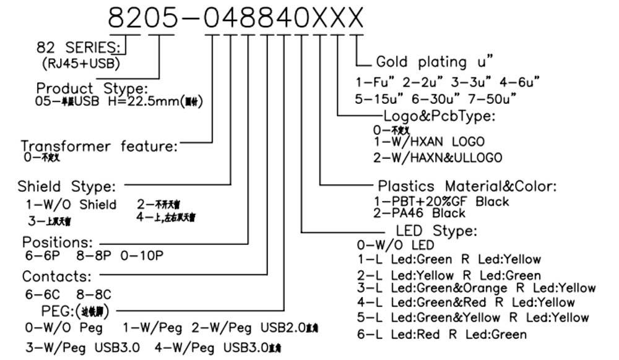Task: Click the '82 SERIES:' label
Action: point(78,48)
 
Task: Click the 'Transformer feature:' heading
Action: point(99,147)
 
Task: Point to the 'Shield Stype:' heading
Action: point(66,186)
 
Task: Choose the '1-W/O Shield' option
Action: point(71,205)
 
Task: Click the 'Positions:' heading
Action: point(58,241)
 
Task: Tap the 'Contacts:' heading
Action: point(57,275)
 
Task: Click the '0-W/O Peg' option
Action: point(64,326)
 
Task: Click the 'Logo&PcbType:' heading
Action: point(439,116)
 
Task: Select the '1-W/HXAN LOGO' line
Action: point(429,142)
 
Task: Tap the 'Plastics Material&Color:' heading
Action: point(467,186)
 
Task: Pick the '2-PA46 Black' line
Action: point(419,213)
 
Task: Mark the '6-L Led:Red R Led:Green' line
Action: point(442,335)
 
